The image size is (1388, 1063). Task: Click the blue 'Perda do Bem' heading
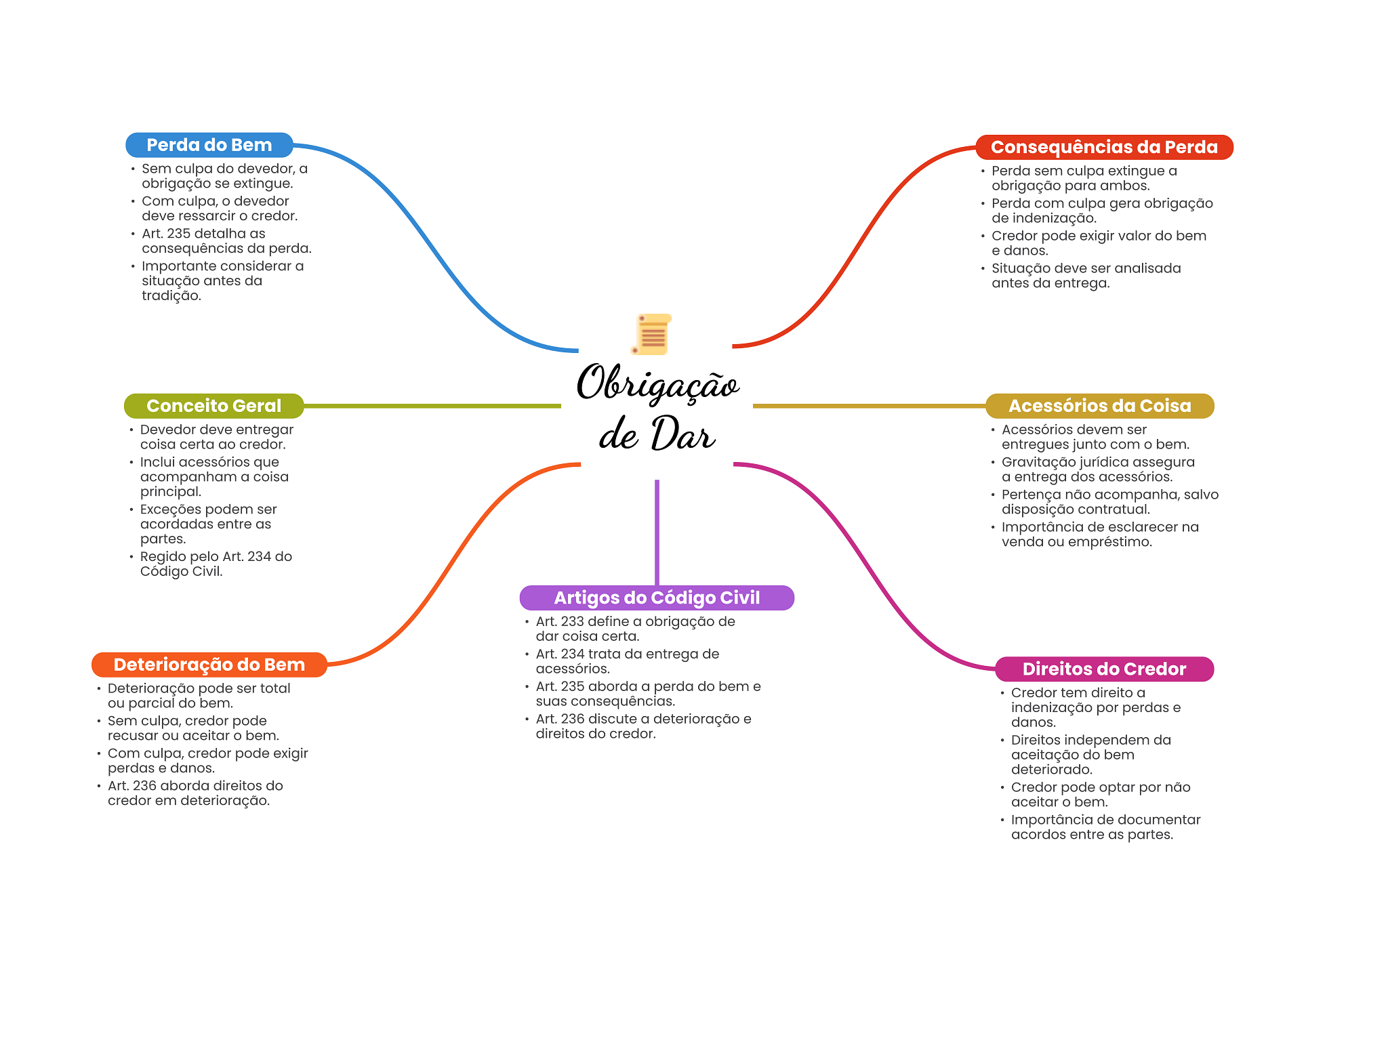[x=209, y=145]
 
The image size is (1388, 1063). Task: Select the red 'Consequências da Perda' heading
[x=1103, y=147]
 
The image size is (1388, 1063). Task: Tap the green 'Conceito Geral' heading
[x=213, y=406]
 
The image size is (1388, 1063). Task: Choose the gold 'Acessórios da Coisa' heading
[x=1099, y=406]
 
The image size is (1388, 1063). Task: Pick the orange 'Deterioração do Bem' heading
[x=209, y=665]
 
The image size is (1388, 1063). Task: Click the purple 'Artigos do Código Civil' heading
[x=656, y=598]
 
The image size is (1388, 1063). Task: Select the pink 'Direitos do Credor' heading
[x=1103, y=669]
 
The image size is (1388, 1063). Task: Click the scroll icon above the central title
[x=652, y=334]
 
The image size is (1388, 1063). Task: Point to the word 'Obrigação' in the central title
[x=657, y=384]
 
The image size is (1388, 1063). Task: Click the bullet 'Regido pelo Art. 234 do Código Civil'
[x=216, y=564]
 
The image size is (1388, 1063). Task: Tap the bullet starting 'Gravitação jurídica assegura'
[x=1097, y=470]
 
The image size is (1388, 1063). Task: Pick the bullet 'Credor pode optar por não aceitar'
[x=1100, y=795]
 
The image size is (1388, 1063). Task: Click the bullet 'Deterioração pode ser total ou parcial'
[x=199, y=696]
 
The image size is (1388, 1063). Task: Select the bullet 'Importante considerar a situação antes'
[x=222, y=280]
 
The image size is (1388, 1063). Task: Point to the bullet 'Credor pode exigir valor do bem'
[x=1098, y=243]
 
